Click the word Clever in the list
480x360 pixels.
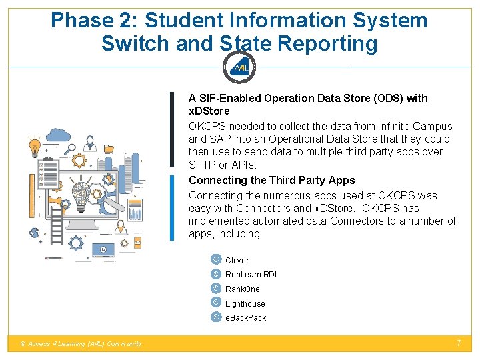point(237,261)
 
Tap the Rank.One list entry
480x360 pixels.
point(243,289)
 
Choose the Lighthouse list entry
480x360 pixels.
point(245,304)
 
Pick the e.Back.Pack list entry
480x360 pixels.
point(245,318)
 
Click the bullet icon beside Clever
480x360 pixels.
point(216,259)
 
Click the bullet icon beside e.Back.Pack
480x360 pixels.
point(216,317)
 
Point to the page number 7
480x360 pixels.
point(459,343)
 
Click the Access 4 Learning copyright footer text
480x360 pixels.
point(81,344)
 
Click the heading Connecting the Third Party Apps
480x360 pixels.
point(271,181)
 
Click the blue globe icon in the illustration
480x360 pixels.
point(35,233)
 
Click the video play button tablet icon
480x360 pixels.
point(103,249)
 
